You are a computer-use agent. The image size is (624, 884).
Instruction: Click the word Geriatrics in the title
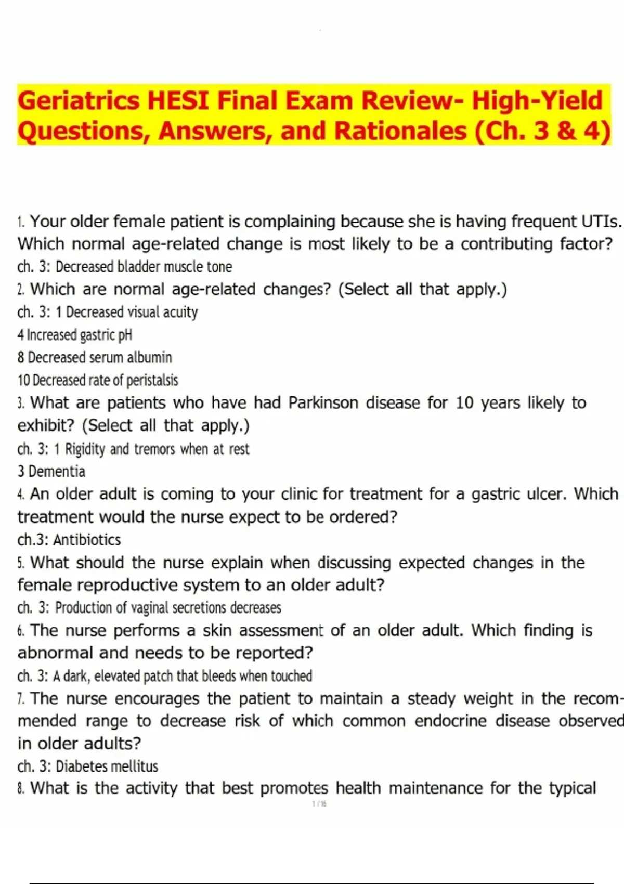[x=79, y=100]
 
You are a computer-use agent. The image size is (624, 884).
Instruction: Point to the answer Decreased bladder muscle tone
[x=144, y=267]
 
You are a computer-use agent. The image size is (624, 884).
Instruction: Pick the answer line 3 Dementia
[x=51, y=472]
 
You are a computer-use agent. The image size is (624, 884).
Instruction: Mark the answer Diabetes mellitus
[x=107, y=766]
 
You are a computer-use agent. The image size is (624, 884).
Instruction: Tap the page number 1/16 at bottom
[x=319, y=804]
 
